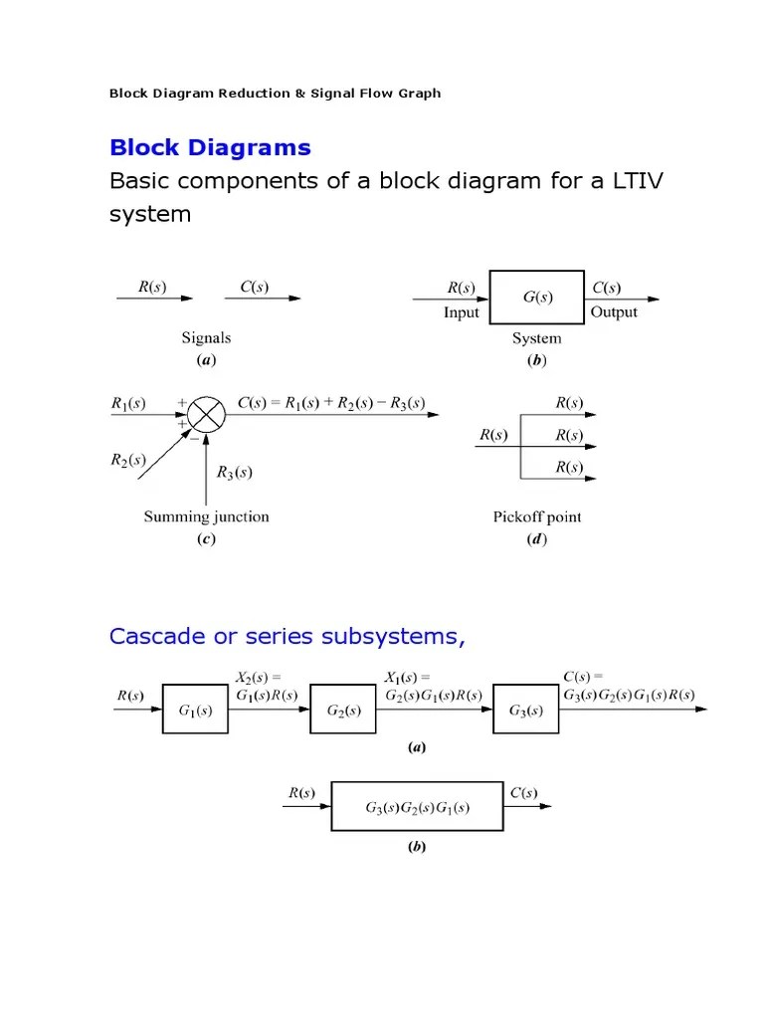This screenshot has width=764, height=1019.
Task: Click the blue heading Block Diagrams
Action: click(x=210, y=148)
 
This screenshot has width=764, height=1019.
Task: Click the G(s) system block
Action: click(x=537, y=298)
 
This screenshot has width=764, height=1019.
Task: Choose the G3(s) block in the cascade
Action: click(x=526, y=711)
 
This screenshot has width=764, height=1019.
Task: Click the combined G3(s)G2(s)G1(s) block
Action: click(x=417, y=807)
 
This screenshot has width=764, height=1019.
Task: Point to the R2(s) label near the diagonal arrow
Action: click(x=126, y=460)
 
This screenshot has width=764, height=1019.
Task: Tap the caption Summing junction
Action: click(x=206, y=516)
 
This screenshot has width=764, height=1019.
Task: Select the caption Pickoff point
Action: click(x=537, y=516)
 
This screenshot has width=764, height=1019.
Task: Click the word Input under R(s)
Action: click(x=461, y=312)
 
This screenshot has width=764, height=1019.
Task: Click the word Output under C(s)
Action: click(x=614, y=312)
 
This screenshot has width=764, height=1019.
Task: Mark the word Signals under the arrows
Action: click(x=206, y=337)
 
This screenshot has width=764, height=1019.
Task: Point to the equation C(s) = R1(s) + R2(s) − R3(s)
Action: click(x=331, y=403)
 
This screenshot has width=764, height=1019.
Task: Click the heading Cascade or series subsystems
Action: click(x=286, y=636)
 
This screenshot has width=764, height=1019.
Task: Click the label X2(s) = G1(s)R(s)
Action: click(x=266, y=686)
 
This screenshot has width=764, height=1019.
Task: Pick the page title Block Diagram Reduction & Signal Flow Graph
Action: click(x=275, y=94)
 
